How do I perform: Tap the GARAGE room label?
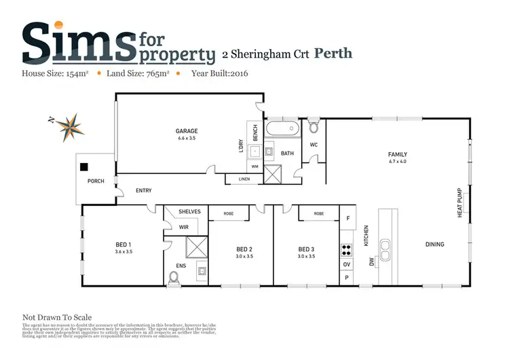[x=187, y=131]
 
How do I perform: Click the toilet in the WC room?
[x=314, y=127]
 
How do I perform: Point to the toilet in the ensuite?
[x=175, y=277]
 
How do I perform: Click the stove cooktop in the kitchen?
[x=346, y=249]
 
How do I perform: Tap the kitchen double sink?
[x=386, y=249]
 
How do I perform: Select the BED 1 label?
[x=123, y=245]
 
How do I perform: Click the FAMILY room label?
[x=398, y=155]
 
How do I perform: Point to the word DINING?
[x=435, y=245]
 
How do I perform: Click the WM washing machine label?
[x=255, y=166]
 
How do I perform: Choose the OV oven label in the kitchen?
[x=347, y=264]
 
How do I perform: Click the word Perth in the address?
[x=334, y=53]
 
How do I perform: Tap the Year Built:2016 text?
[x=221, y=73]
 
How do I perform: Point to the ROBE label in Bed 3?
[x=319, y=214]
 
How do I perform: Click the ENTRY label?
[x=144, y=191]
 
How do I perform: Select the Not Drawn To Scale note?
[x=57, y=317]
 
